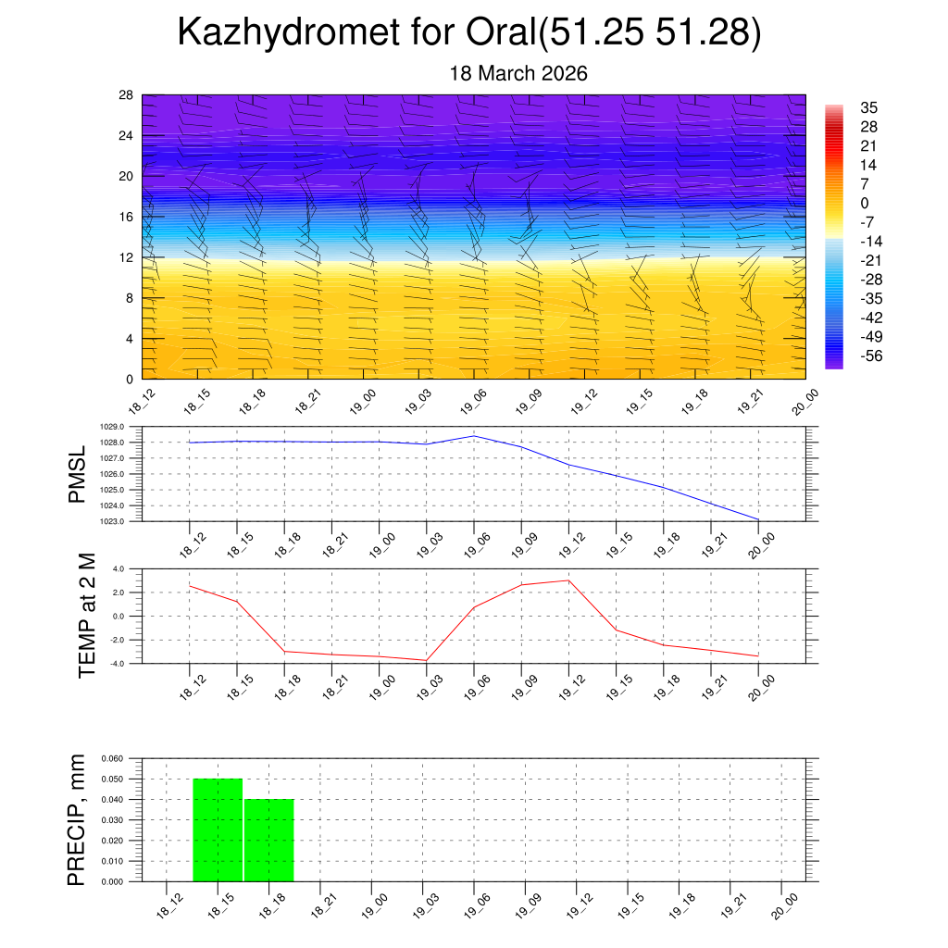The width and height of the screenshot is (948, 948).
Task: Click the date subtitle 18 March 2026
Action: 518,73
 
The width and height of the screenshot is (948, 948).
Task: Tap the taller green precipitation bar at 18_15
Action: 218,829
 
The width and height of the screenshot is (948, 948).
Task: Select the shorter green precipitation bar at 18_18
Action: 269,840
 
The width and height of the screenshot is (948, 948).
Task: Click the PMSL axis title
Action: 77,474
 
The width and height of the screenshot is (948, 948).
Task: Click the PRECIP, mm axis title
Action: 77,820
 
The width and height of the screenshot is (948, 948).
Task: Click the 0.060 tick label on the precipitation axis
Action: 111,758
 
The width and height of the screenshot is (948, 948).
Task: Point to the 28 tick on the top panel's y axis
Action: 126,95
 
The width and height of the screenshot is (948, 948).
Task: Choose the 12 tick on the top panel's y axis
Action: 126,257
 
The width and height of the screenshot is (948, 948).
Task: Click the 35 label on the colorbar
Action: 868,107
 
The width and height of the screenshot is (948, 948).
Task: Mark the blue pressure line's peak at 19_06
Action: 474,435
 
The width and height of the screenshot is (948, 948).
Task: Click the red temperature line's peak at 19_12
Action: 568,580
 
